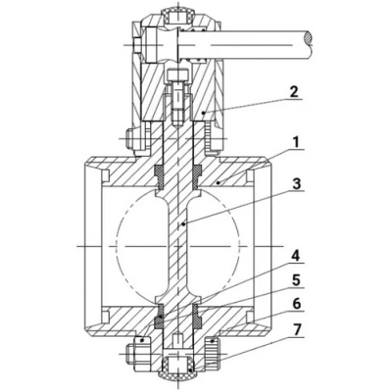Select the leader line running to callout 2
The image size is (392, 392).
245,105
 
